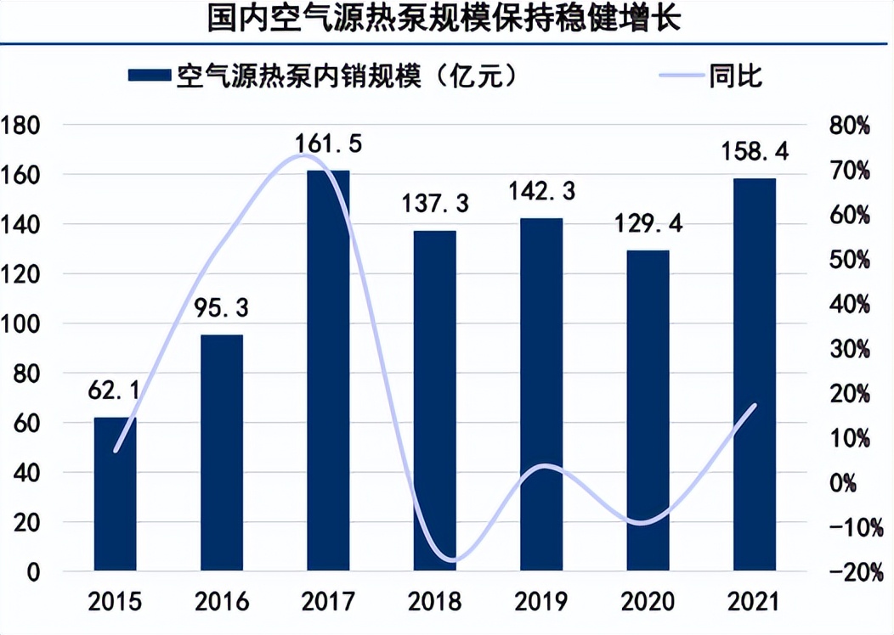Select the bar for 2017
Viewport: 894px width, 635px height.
point(328,369)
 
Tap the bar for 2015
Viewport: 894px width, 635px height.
point(115,493)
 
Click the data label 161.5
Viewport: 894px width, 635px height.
point(329,143)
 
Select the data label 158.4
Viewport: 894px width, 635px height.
point(755,153)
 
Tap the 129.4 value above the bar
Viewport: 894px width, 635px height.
point(648,225)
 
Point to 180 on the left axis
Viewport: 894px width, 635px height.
point(23,126)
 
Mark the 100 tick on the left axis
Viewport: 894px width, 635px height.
point(23,324)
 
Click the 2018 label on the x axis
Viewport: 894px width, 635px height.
point(434,604)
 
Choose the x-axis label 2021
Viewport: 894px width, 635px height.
point(755,604)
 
